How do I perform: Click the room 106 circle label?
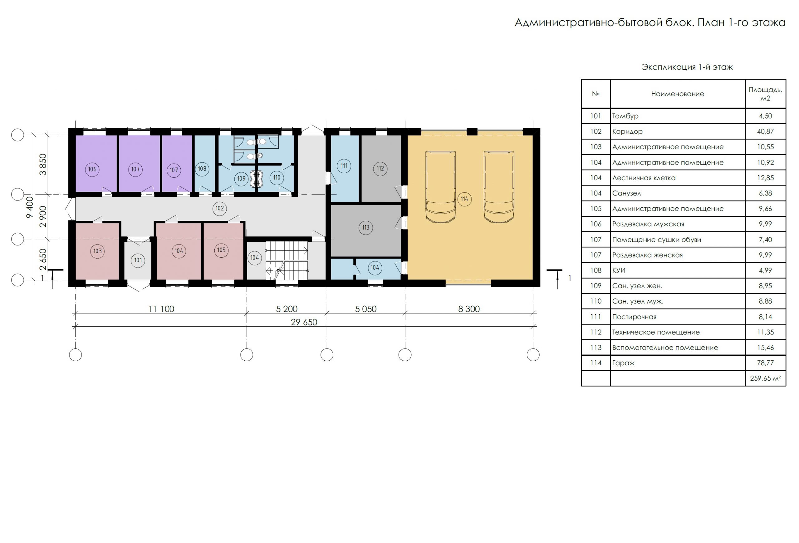coord(92,169)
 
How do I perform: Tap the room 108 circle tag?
coord(202,169)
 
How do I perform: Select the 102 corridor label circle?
coord(220,208)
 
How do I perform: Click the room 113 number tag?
coord(365,228)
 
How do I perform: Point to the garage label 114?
coord(464,199)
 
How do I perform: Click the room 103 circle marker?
coord(98,251)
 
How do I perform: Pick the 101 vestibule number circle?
coord(138,260)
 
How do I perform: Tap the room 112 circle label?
coord(380,169)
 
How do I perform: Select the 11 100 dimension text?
coord(161,309)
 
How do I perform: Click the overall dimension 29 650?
coord(304,322)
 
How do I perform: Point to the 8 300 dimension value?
coord(469,309)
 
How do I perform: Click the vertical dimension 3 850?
coord(43,164)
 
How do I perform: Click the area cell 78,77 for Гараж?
coord(765,363)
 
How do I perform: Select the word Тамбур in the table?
coord(625,116)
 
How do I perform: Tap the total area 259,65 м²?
coord(765,378)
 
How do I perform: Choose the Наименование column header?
coord(678,94)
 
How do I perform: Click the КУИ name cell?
coord(619,270)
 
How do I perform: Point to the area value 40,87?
coord(765,131)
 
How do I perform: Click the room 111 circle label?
coord(344,166)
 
